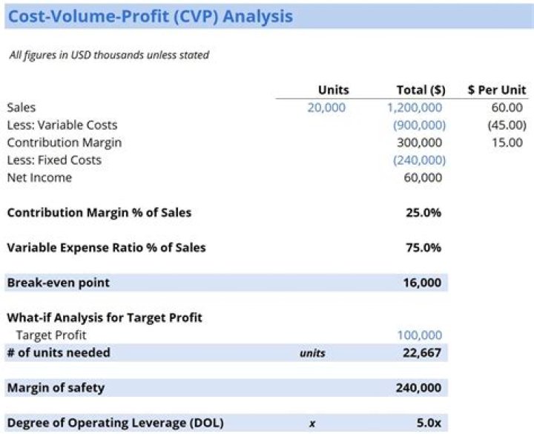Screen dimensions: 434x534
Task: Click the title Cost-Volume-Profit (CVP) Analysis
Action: (150, 16)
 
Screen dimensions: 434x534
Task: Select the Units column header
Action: (333, 90)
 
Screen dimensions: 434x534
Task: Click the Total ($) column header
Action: (421, 90)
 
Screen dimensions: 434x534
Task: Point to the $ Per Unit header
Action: (497, 90)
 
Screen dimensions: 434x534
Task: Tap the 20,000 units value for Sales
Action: (326, 108)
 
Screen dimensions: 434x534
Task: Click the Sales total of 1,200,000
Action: (416, 108)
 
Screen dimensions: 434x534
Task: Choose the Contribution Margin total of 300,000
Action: (420, 142)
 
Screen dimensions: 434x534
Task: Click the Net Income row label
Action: (39, 177)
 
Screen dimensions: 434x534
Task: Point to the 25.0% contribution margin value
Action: (423, 213)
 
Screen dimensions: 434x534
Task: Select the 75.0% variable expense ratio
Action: (423, 248)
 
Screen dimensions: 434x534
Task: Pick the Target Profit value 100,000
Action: (420, 335)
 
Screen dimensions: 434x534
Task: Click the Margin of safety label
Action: (56, 387)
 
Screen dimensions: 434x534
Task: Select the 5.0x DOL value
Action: (429, 423)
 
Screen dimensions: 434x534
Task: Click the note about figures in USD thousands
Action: (109, 55)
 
